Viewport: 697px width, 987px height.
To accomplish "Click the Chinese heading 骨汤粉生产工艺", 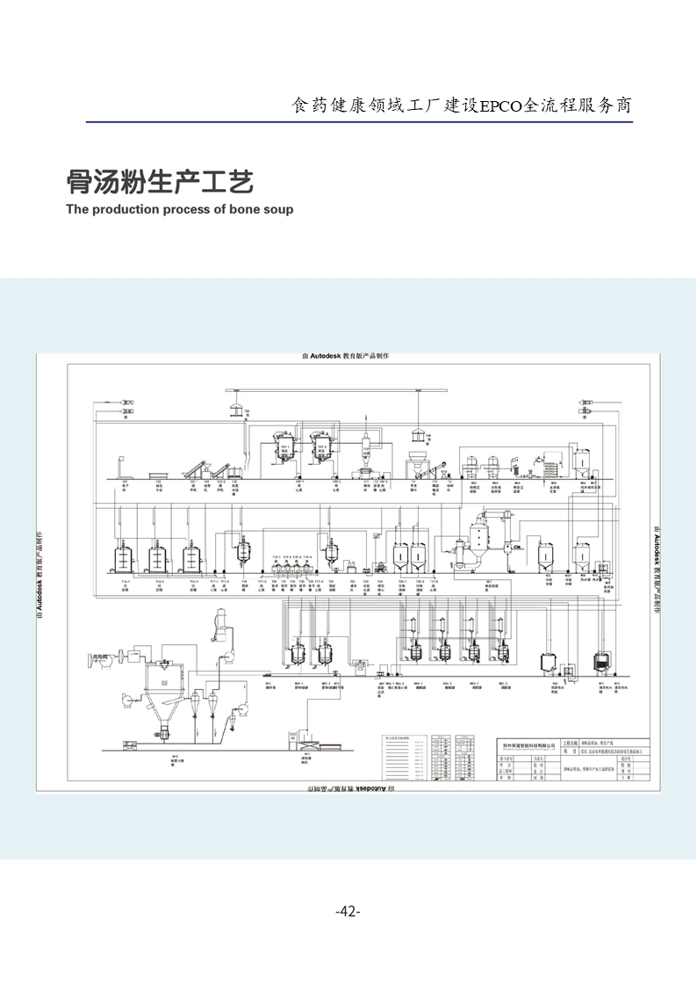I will (x=160, y=182).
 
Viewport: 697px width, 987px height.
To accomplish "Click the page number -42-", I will (x=348, y=911).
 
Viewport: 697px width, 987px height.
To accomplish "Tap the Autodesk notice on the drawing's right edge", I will (x=657, y=571).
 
